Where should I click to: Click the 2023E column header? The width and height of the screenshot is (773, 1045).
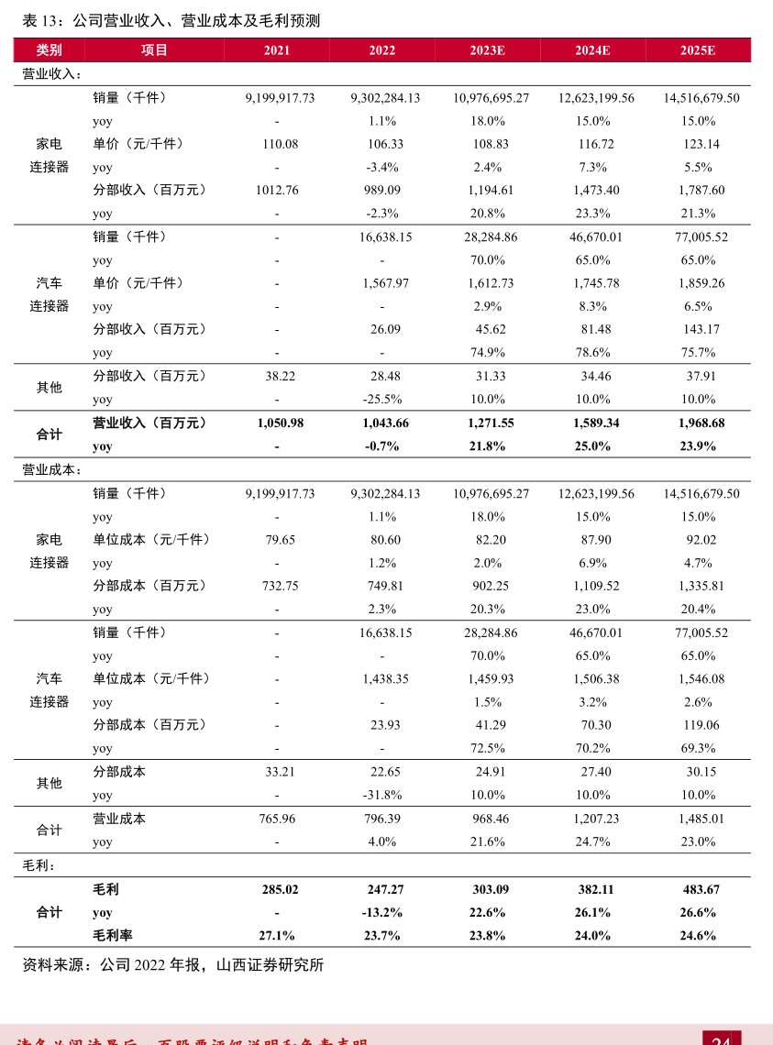click(x=487, y=50)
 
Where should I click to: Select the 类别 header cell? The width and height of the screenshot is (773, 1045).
click(x=50, y=50)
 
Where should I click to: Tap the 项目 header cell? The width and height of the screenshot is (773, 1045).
click(x=155, y=50)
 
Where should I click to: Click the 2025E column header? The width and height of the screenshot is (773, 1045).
click(x=698, y=50)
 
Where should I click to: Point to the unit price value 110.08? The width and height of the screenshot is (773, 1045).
click(x=280, y=144)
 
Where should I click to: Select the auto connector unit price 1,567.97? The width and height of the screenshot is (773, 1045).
click(x=385, y=283)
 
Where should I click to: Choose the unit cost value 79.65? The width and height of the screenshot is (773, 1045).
click(x=280, y=540)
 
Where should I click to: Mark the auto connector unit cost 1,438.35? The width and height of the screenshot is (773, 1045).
click(x=385, y=679)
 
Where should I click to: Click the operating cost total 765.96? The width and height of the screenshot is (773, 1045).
click(x=280, y=819)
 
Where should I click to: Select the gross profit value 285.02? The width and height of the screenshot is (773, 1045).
click(x=280, y=889)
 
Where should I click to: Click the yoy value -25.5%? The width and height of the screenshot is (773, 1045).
click(x=382, y=400)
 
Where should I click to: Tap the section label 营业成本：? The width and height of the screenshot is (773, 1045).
click(x=52, y=469)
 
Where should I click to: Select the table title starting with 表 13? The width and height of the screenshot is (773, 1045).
click(x=171, y=20)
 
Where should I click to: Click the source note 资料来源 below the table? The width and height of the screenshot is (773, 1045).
click(x=173, y=965)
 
